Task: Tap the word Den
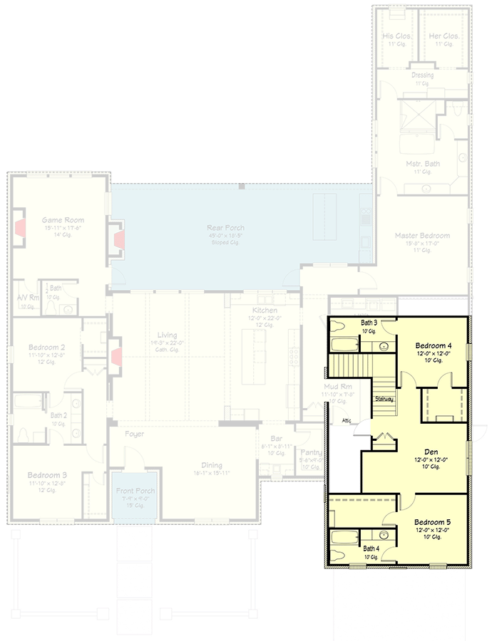click(430, 452)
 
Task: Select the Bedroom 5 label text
click(432, 521)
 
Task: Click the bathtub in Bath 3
click(343, 346)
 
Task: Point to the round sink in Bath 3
click(384, 347)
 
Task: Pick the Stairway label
click(385, 400)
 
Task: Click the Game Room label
click(63, 220)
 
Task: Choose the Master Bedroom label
click(423, 235)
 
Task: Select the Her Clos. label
click(444, 36)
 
